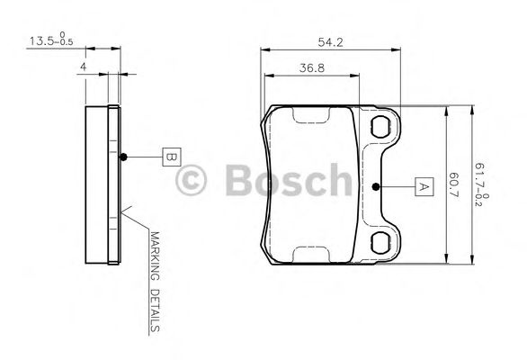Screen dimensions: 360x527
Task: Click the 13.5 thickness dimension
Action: [41, 41]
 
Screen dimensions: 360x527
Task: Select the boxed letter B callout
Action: [169, 157]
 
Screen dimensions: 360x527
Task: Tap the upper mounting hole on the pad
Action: [381, 125]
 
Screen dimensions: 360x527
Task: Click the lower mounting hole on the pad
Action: [381, 240]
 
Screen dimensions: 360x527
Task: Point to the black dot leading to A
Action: [377, 187]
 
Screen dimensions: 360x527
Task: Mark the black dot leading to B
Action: [124, 157]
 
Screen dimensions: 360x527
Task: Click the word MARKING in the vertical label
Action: [154, 256]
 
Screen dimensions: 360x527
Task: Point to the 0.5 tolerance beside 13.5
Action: [66, 43]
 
